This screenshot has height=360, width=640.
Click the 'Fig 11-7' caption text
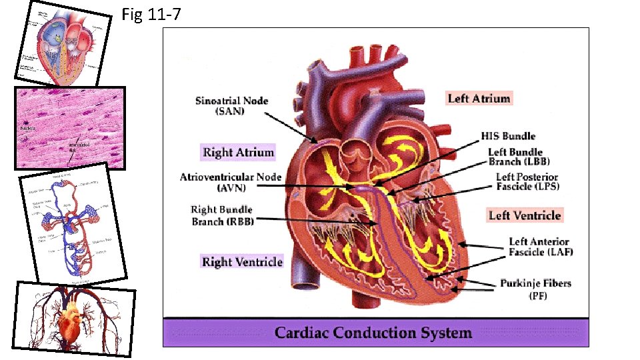pos(151,15)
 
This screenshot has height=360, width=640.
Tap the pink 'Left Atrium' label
pos(479,99)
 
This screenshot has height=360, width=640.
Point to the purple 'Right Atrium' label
pos(238,153)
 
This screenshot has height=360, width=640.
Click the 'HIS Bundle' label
pos(517,136)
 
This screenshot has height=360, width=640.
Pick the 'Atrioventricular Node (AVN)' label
pos(231,182)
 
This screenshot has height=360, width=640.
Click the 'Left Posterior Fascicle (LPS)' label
pos(527,181)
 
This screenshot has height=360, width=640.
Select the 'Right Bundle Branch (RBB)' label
pos(223,215)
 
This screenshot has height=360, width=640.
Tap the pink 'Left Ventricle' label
pos(525,215)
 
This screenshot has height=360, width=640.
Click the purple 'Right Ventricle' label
pos(242,262)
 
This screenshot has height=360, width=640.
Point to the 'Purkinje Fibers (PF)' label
pos(535,289)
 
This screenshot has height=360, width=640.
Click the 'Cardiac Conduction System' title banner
pos(373,333)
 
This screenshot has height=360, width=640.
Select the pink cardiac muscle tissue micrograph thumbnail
pos(70,127)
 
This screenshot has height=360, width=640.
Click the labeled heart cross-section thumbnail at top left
pos(65,44)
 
